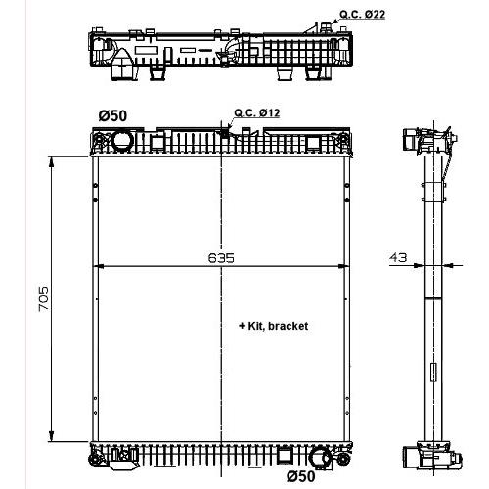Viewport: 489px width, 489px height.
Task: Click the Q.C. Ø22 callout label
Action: (x=362, y=15)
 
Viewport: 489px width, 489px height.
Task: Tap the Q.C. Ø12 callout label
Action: (x=257, y=112)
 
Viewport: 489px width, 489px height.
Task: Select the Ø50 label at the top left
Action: (x=112, y=115)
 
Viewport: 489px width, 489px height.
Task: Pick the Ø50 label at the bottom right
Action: (x=301, y=476)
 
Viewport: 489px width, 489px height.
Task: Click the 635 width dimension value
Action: (x=221, y=258)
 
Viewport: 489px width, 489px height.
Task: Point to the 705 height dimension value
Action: (x=43, y=298)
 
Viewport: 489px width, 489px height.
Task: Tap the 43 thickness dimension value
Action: (x=398, y=257)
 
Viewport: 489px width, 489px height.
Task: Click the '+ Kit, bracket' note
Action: (x=273, y=326)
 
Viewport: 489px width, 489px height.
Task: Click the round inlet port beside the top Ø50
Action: (x=122, y=140)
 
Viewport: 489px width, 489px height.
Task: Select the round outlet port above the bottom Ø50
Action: (x=320, y=457)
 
